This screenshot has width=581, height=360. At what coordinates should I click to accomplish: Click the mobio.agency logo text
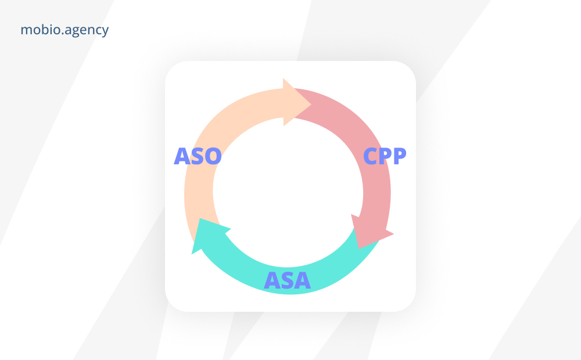click(x=64, y=30)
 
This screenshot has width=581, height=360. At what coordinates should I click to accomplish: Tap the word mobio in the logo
click(x=41, y=29)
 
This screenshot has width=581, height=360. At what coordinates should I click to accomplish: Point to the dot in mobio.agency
click(x=63, y=34)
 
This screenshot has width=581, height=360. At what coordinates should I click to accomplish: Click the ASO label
click(x=198, y=156)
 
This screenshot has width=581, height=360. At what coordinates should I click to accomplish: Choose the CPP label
click(x=385, y=156)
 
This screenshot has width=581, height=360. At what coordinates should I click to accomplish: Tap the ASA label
click(x=287, y=280)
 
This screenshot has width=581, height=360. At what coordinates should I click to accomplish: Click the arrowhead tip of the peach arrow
click(x=311, y=105)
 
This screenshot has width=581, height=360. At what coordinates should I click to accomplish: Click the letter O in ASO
click(x=213, y=156)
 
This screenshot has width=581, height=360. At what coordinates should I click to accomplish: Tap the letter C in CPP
click(x=371, y=156)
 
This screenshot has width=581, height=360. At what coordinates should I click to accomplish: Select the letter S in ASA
click(x=287, y=280)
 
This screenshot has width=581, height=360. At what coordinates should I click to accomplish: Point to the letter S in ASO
click(x=198, y=156)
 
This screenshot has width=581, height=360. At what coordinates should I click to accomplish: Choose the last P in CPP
click(x=400, y=156)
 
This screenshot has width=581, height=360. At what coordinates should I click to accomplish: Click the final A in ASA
click(x=302, y=280)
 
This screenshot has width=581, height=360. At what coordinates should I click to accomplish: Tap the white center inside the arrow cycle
click(x=288, y=193)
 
